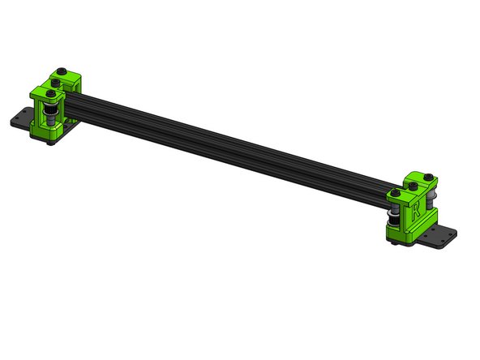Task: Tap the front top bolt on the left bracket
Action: pos(50,93)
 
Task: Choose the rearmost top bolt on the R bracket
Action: pos(427,176)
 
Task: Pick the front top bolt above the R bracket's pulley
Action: pos(394,194)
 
